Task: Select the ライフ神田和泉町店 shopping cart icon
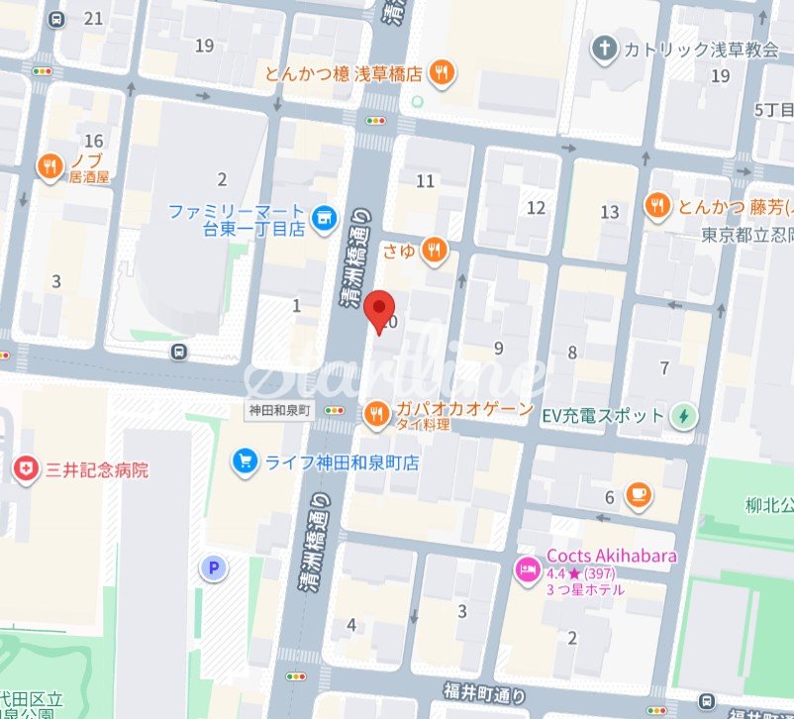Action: [243, 461]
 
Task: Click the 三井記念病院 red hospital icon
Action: [25, 469]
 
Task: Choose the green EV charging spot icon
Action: [683, 416]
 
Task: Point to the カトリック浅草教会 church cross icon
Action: [604, 48]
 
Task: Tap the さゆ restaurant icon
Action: [434, 252]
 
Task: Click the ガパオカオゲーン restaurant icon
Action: [376, 415]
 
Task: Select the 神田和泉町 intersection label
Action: [279, 410]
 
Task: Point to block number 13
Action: [609, 212]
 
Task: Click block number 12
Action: [536, 207]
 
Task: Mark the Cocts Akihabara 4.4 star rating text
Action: [584, 573]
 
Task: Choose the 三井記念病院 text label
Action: [97, 469]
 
